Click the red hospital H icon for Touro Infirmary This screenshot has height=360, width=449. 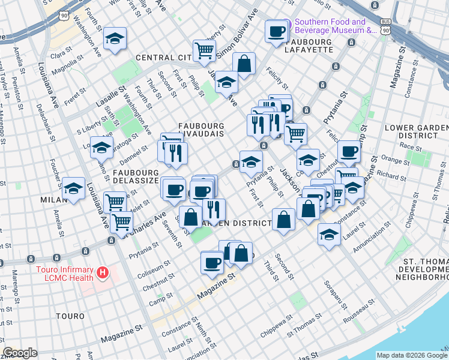(103, 274)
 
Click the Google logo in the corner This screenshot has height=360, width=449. (20, 353)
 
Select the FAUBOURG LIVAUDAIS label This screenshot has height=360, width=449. (201, 130)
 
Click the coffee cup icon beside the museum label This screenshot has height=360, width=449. (277, 32)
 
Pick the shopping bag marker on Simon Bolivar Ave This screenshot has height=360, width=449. (244, 63)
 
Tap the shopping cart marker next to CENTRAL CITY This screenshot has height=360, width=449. (204, 50)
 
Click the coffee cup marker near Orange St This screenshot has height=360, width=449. (348, 151)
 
